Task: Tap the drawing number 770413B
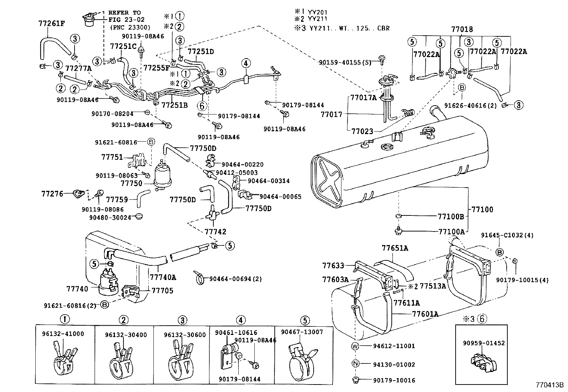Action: click(x=549, y=386)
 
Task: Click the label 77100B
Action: click(x=451, y=216)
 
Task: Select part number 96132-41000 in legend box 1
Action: click(x=63, y=334)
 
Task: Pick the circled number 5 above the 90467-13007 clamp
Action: click(x=305, y=320)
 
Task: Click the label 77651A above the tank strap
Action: click(x=395, y=248)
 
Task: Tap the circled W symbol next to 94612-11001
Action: click(x=355, y=346)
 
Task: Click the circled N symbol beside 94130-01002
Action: click(x=355, y=364)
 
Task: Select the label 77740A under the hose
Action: click(x=163, y=276)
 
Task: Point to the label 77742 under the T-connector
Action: click(x=215, y=232)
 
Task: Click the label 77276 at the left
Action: click(x=52, y=194)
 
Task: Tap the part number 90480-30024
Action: click(x=110, y=217)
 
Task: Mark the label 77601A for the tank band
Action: click(x=425, y=314)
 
